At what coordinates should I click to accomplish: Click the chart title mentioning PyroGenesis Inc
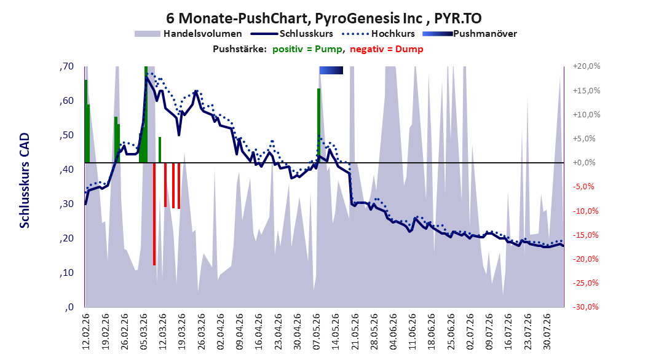(x=323, y=18)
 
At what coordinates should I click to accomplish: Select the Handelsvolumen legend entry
(x=189, y=34)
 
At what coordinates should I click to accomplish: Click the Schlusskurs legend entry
(x=292, y=34)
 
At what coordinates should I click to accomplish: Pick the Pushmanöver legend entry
(x=470, y=34)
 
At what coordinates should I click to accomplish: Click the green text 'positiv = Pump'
(x=307, y=49)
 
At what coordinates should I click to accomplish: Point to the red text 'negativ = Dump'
(x=387, y=49)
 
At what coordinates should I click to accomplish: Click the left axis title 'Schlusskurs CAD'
(x=25, y=181)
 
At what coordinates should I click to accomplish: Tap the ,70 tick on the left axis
(x=66, y=66)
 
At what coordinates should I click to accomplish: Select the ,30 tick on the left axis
(x=66, y=204)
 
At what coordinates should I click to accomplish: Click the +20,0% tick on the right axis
(x=587, y=66)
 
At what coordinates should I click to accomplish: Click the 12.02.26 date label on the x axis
(x=86, y=331)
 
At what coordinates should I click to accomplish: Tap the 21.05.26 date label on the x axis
(x=355, y=331)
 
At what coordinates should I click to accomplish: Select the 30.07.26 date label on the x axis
(x=547, y=331)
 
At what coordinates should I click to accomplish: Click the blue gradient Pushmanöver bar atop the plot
(x=331, y=71)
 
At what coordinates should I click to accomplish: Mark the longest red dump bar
(x=154, y=214)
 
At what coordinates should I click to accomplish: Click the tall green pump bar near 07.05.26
(x=318, y=125)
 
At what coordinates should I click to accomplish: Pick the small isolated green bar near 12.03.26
(x=160, y=150)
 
